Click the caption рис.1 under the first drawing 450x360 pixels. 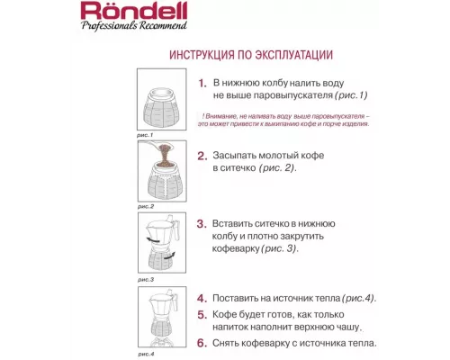[x=146, y=136]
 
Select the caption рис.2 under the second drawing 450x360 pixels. [x=146, y=206]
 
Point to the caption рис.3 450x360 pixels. [x=146, y=280]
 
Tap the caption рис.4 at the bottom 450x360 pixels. [x=146, y=354]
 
